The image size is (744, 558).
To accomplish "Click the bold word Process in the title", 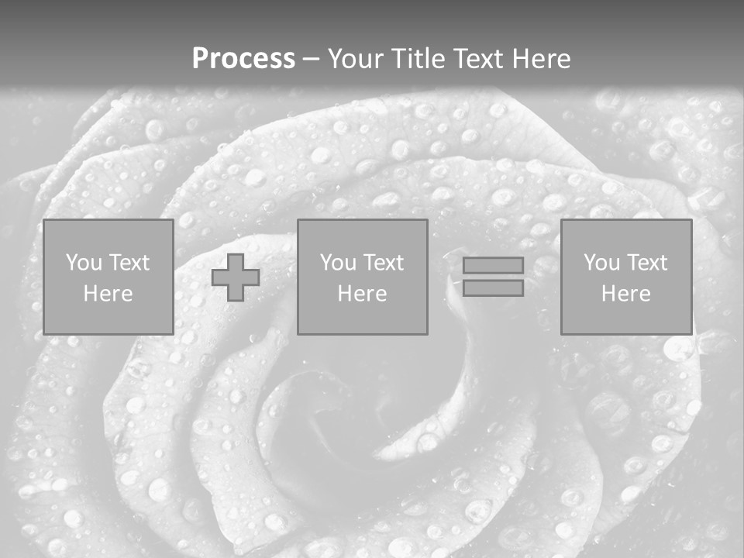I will pyautogui.click(x=243, y=59).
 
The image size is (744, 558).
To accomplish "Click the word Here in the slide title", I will pyautogui.click(x=541, y=59).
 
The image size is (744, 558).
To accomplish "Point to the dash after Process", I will pyautogui.click(x=311, y=60).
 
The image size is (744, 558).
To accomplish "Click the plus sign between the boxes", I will pyautogui.click(x=236, y=277).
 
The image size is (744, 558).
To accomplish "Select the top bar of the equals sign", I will pyautogui.click(x=493, y=265).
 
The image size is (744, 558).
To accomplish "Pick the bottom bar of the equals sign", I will pyautogui.click(x=493, y=288).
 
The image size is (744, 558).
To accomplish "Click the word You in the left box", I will pyautogui.click(x=84, y=263).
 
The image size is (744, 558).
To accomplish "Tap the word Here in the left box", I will pyautogui.click(x=108, y=294).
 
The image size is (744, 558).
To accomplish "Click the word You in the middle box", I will pyautogui.click(x=338, y=263).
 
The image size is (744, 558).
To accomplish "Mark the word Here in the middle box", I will pyautogui.click(x=362, y=294).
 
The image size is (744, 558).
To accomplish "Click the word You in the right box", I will pyautogui.click(x=601, y=263).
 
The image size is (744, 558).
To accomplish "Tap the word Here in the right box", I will pyautogui.click(x=625, y=294).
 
